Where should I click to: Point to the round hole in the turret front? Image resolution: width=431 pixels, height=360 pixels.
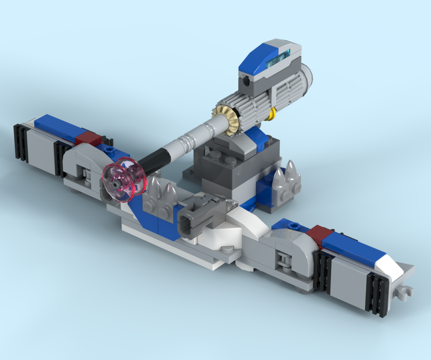(245, 82)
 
